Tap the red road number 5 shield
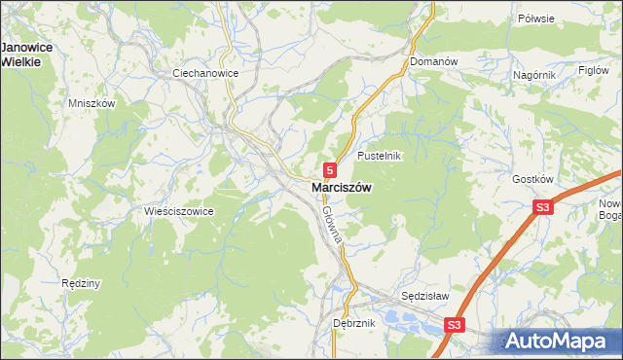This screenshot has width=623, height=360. coord(331,169)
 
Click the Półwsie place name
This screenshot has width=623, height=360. coord(563,18)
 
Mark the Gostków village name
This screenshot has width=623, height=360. coord(532,179)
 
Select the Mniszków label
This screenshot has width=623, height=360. coord(92,103)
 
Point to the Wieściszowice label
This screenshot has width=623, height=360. coord(178,211)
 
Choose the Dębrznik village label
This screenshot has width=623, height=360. coord(353,323)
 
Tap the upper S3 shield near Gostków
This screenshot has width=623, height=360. coord(542,207)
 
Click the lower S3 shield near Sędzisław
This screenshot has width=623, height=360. coord(455,324)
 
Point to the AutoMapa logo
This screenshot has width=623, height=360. coord(560,342)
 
